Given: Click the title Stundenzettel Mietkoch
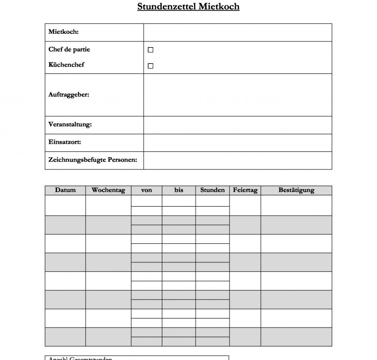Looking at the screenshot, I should pyautogui.click(x=188, y=7).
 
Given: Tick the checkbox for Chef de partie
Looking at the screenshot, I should pyautogui.click(x=150, y=50).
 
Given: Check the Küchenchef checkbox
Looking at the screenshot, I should pyautogui.click(x=150, y=66).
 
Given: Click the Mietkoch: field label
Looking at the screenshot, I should pyautogui.click(x=63, y=32).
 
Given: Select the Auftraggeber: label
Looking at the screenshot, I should pyautogui.click(x=69, y=94).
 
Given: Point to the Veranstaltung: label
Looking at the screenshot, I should pyautogui.click(x=70, y=125).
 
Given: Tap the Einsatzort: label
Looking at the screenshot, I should pyautogui.click(x=65, y=142).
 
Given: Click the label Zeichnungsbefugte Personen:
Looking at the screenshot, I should pyautogui.click(x=93, y=160).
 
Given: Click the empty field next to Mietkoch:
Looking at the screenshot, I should pyautogui.click(x=237, y=32).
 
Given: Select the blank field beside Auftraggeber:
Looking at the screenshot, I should pyautogui.click(x=237, y=95).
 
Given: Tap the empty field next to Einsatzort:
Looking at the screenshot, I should pyautogui.click(x=237, y=142).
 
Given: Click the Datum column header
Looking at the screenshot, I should pyautogui.click(x=65, y=190).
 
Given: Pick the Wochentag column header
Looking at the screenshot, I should pyautogui.click(x=108, y=190).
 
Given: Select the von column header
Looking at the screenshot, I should pyautogui.click(x=147, y=190).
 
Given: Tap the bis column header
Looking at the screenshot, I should pyautogui.click(x=179, y=190).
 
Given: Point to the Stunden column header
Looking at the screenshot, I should pyautogui.click(x=212, y=190).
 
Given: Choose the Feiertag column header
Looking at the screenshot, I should pyautogui.click(x=245, y=190).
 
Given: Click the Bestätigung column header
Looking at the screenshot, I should pyautogui.click(x=296, y=190).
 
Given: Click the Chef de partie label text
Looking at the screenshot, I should pyautogui.click(x=69, y=50).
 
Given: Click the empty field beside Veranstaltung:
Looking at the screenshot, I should pyautogui.click(x=237, y=125).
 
